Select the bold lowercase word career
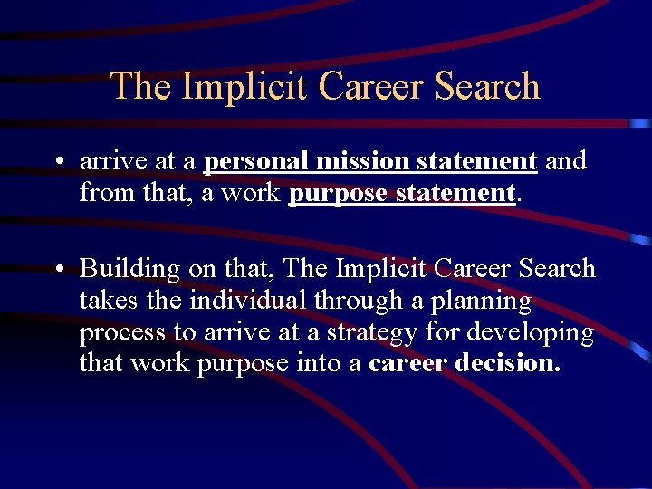point(407,364)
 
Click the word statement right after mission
point(477,161)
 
